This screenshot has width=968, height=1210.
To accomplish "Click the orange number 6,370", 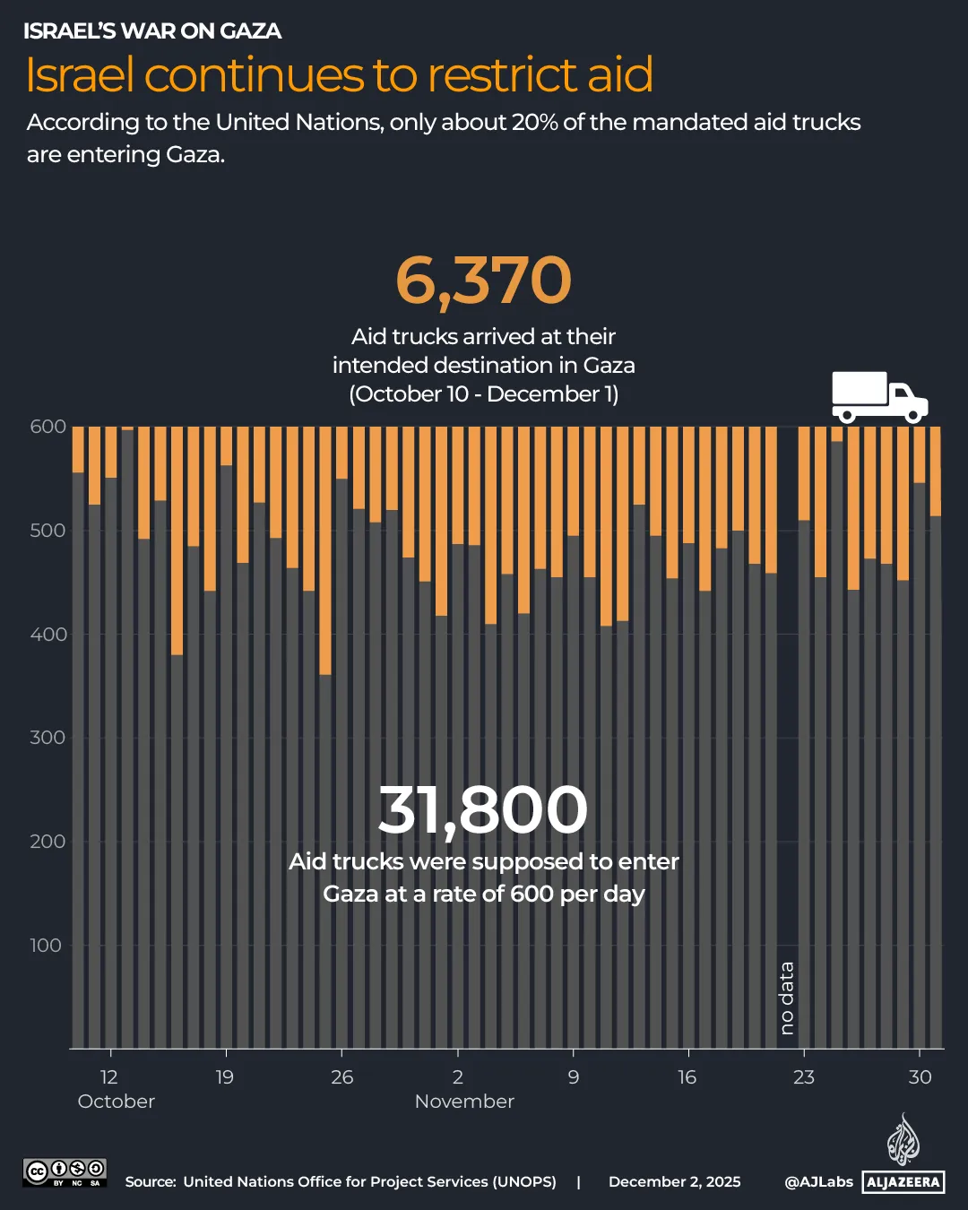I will pyautogui.click(x=483, y=281).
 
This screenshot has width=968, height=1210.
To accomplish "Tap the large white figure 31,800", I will pyautogui.click(x=482, y=809).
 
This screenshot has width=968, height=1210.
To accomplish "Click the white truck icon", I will pyautogui.click(x=879, y=396).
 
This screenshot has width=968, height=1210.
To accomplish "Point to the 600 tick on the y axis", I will pyautogui.click(x=48, y=427).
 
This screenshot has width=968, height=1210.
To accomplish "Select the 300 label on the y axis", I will pyautogui.click(x=48, y=738).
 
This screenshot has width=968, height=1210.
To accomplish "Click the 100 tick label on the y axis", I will pyautogui.click(x=46, y=946).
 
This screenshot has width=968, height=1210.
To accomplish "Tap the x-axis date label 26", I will pyautogui.click(x=341, y=1077).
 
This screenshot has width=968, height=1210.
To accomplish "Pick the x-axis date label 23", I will pyautogui.click(x=804, y=1077).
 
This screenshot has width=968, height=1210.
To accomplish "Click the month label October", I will pyautogui.click(x=117, y=1102).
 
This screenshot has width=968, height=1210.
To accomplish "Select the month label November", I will pyautogui.click(x=464, y=1102).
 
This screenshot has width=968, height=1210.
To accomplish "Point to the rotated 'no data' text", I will pyautogui.click(x=787, y=998).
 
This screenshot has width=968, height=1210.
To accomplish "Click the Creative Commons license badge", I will pyautogui.click(x=65, y=1172).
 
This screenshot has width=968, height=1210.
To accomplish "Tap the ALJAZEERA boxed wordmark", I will pyautogui.click(x=903, y=1182).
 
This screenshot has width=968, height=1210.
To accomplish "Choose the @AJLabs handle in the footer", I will pyautogui.click(x=818, y=1182).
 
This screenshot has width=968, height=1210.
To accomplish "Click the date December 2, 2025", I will pyautogui.click(x=674, y=1182).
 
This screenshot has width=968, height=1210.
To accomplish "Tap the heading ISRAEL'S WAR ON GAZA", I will pyautogui.click(x=152, y=31).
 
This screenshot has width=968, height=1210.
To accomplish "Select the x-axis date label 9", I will pyautogui.click(x=574, y=1077).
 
